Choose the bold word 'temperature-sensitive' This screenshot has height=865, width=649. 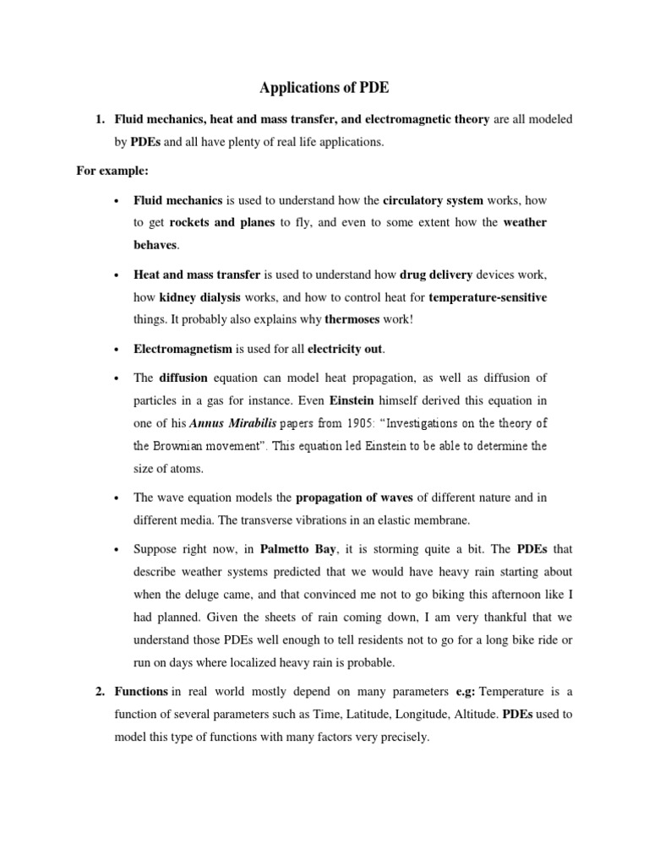coord(488,298)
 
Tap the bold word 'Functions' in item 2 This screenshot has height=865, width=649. coord(141,692)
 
